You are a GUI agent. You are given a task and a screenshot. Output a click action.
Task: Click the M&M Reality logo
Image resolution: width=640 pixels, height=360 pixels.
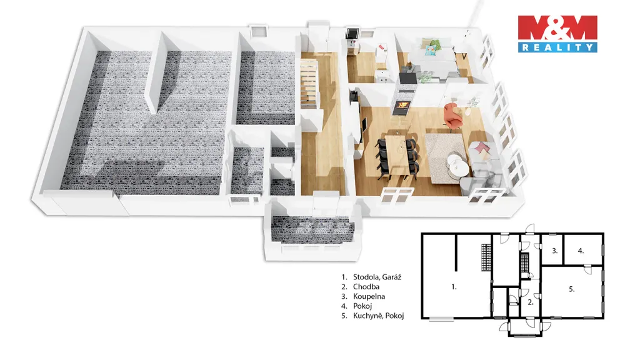(557, 34)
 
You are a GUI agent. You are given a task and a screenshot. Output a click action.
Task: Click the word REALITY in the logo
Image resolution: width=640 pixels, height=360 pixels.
(557, 47)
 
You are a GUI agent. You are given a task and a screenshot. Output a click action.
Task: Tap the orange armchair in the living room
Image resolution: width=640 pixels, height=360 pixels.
(453, 116)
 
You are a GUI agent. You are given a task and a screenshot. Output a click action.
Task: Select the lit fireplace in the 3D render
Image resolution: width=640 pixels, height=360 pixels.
(403, 106)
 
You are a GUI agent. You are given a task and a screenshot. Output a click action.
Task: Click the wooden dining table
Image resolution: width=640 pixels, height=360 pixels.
(396, 154)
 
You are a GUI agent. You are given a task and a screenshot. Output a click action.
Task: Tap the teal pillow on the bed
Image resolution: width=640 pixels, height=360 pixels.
(431, 50)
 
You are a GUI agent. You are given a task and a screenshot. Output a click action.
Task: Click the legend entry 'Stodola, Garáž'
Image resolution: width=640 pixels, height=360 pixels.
(372, 277)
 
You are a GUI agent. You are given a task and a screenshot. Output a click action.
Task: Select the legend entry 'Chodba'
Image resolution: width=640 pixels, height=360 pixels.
(361, 287)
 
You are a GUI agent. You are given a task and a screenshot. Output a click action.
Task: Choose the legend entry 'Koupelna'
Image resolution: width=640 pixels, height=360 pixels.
(363, 296)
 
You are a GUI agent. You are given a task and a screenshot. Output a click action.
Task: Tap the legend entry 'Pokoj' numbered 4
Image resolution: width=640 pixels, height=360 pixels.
(357, 306)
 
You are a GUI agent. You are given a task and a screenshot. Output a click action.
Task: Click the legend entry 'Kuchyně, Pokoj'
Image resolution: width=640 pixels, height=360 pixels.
(373, 316)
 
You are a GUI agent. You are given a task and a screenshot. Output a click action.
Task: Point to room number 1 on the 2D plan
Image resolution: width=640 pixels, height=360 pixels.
(454, 287)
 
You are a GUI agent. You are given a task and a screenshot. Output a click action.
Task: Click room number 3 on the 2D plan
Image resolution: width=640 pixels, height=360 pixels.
(555, 251)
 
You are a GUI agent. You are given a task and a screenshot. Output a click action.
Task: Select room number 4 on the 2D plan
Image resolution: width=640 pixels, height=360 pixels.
(581, 251)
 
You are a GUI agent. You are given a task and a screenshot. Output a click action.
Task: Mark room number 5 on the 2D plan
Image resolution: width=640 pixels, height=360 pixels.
(572, 289)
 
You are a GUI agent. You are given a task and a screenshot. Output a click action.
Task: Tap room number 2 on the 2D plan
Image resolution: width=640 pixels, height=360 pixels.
(530, 302)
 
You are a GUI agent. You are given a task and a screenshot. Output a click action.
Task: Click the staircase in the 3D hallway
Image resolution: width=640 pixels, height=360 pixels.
(309, 83)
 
